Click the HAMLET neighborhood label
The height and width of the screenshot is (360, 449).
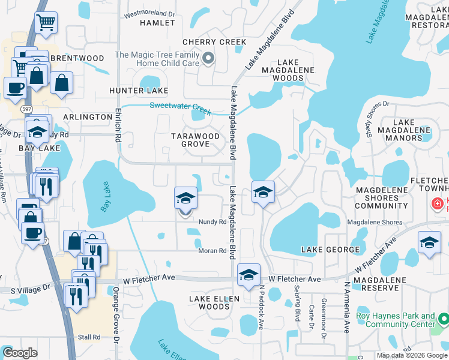(x=157, y=23)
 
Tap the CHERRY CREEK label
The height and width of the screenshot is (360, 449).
(x=214, y=42)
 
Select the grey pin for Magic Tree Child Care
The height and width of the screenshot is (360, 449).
(x=208, y=58)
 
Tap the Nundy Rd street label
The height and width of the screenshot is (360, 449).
(x=212, y=221)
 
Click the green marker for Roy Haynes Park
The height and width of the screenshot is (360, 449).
(x=443, y=320)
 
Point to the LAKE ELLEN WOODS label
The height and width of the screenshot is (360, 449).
(x=214, y=302)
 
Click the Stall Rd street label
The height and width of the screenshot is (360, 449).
(x=88, y=337)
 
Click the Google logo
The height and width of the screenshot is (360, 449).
(x=20, y=353)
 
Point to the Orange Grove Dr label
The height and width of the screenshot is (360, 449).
(x=118, y=324)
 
